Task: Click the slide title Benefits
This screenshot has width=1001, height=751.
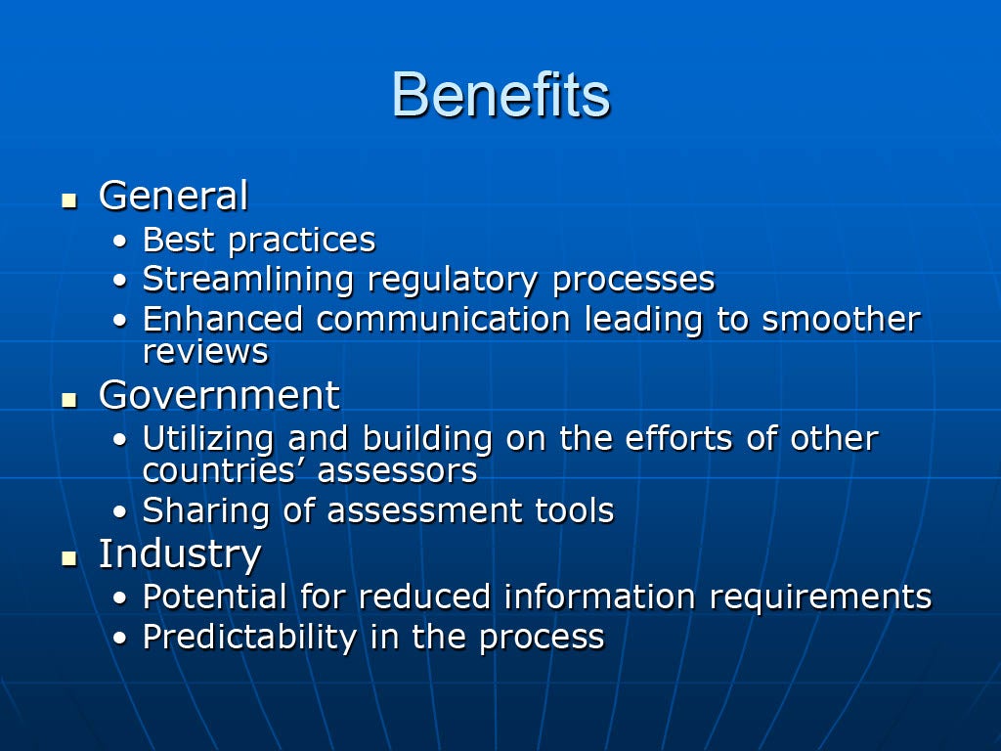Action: click(501, 95)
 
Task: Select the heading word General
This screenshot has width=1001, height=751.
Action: click(174, 195)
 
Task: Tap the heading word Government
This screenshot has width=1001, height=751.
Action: click(220, 395)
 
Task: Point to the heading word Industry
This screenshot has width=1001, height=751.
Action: click(180, 554)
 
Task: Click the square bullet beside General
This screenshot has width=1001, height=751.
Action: click(69, 201)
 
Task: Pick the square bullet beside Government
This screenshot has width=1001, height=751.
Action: click(69, 400)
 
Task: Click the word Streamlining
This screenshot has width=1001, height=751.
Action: click(248, 281)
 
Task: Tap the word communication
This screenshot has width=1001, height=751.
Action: click(444, 319)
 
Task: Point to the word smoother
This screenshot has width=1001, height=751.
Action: click(842, 319)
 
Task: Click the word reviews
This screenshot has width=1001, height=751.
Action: click(205, 352)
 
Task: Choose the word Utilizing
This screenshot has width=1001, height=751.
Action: click(208, 440)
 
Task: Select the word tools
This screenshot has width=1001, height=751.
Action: click(575, 510)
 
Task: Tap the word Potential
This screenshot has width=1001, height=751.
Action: click(214, 597)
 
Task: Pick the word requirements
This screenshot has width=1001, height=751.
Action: click(821, 598)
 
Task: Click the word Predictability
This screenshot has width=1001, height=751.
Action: click(249, 638)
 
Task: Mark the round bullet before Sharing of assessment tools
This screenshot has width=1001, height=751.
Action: click(120, 512)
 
